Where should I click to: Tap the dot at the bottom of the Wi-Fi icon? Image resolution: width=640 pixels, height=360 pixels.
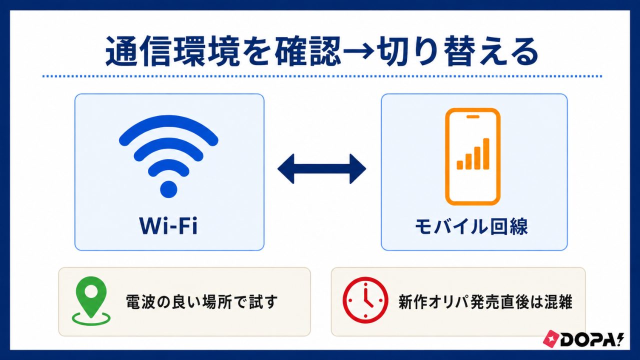pos(168,189)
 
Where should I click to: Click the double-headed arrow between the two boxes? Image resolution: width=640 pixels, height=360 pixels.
pos(321,169)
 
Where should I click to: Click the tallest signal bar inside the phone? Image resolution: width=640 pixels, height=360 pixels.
pos(486,153)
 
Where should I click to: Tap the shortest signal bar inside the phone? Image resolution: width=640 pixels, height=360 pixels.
pos(459,165)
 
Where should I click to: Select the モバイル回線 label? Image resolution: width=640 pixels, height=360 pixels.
pos(471,227)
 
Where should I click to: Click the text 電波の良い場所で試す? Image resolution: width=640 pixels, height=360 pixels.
pos(201,301)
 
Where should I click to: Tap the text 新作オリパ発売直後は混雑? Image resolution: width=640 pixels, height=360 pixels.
pos(485,301)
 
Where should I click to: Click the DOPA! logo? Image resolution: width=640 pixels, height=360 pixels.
pos(583,339)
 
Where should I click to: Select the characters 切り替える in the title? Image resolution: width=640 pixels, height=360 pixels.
pos(457,52)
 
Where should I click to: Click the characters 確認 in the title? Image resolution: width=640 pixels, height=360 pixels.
pos(308,52)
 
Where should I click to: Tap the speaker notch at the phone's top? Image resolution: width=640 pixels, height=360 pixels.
pos(473,116)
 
